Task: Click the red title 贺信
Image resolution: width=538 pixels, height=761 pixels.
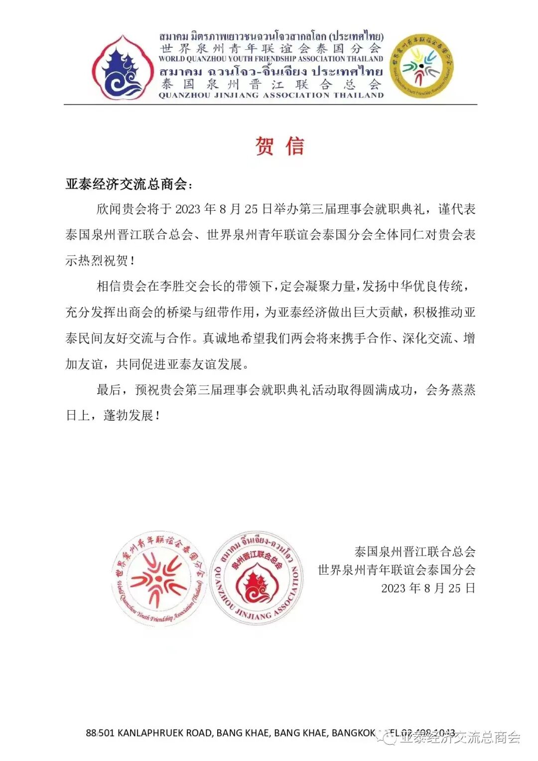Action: tap(279, 146)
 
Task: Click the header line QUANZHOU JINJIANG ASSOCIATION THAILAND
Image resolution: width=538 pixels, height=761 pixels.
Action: tap(271, 95)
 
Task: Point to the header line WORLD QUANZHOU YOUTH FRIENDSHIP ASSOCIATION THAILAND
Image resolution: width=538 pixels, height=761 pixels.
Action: tap(271, 58)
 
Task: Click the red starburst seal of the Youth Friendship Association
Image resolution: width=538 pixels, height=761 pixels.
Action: tap(158, 579)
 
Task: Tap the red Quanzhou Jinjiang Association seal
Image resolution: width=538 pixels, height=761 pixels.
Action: tap(256, 579)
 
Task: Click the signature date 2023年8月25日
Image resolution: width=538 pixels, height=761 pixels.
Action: tap(428, 588)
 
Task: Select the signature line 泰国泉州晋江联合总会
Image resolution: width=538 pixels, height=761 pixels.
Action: tap(414, 552)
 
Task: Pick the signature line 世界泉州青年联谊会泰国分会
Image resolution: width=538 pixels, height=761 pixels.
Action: tap(397, 570)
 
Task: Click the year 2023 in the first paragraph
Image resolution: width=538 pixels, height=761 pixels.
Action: tap(188, 209)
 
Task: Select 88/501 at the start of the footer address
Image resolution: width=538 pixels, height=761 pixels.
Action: tap(100, 733)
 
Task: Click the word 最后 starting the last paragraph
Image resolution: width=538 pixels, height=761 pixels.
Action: tap(109, 390)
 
